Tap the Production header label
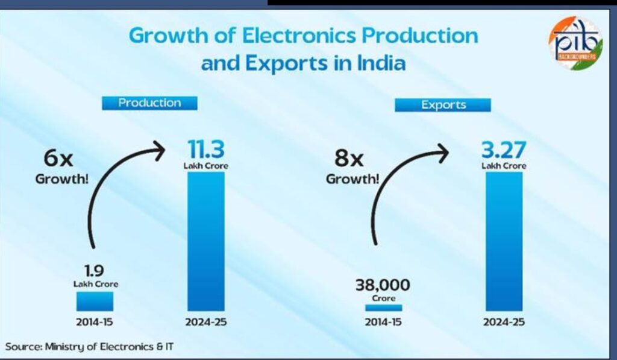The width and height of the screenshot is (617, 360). click(x=149, y=103)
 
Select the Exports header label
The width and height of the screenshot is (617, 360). click(x=443, y=105)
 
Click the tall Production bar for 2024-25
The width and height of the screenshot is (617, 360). click(x=205, y=241)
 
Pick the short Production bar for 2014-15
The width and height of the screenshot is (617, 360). click(x=94, y=301)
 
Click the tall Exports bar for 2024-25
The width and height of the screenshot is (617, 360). click(x=504, y=241)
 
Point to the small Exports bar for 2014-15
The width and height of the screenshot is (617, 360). click(x=383, y=308)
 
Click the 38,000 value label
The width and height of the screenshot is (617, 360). click(x=383, y=284)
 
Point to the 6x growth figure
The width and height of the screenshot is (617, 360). click(x=59, y=159)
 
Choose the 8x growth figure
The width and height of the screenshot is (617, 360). click(x=349, y=159)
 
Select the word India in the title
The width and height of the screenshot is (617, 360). click(x=378, y=63)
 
